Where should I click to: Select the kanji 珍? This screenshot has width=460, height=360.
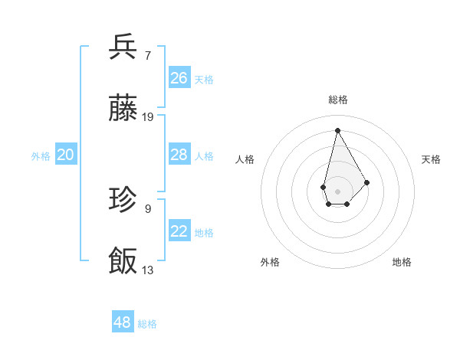(123, 200)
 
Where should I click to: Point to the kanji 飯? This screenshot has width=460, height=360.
(123, 261)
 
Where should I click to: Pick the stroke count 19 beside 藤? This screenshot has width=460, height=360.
(148, 117)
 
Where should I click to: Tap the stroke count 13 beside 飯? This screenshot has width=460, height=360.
(148, 270)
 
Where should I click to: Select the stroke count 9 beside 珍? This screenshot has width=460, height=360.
(148, 208)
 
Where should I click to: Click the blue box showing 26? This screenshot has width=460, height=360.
(179, 77)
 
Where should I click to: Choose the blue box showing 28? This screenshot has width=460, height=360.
(179, 155)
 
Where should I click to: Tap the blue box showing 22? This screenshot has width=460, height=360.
(179, 231)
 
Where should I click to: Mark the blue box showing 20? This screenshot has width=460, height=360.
(66, 155)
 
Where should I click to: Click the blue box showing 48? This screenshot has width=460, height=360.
(123, 322)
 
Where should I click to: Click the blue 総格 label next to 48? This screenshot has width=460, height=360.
(148, 324)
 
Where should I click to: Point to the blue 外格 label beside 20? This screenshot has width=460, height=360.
(41, 156)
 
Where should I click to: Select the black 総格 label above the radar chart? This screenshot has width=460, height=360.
(337, 100)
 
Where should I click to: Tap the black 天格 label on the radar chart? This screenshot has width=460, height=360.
(431, 159)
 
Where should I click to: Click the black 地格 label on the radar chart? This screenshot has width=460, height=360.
(402, 262)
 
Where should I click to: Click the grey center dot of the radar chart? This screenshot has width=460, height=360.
(337, 190)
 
